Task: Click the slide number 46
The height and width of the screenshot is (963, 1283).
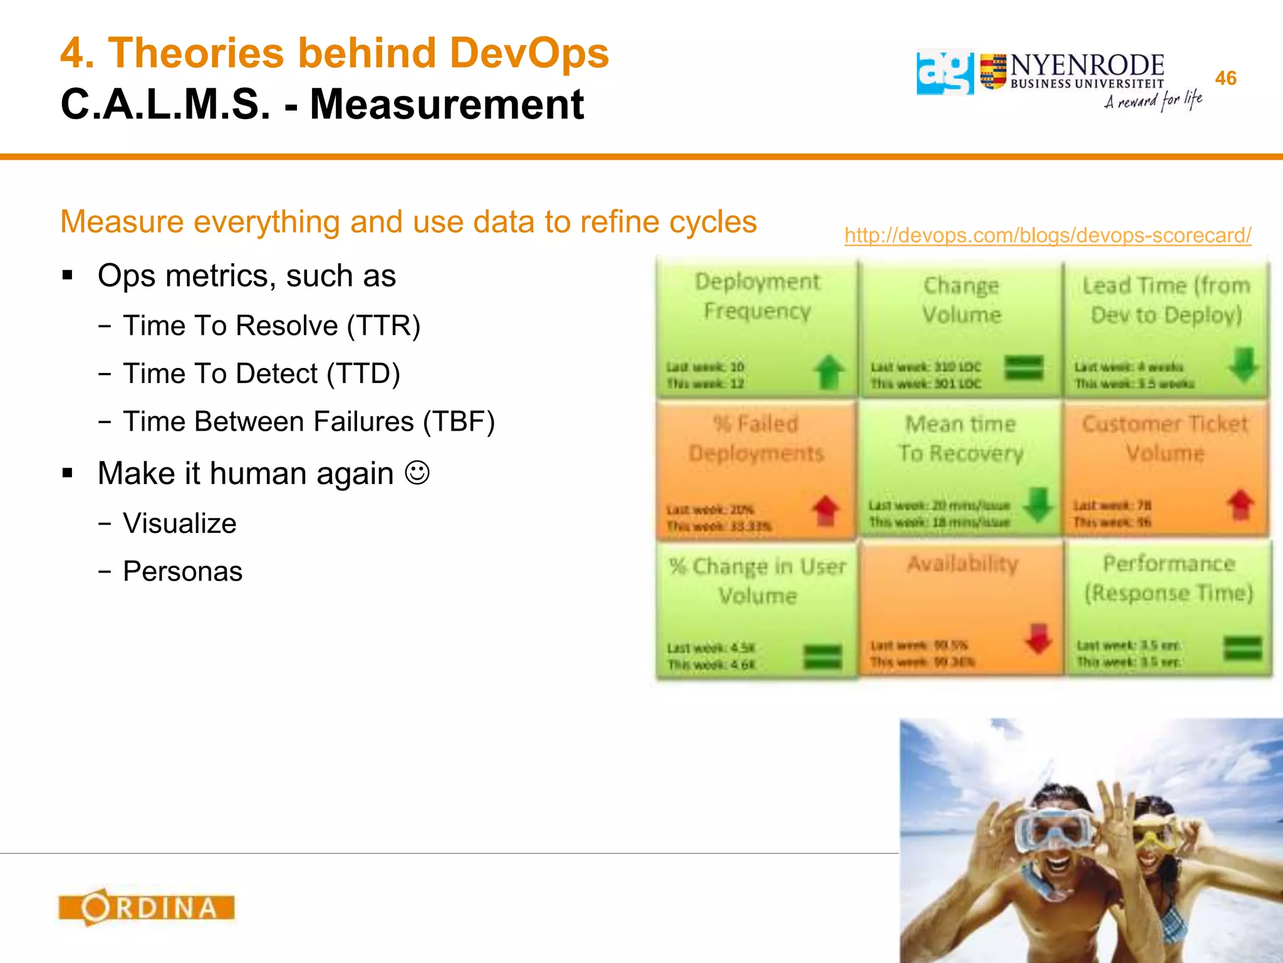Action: pos(1225,78)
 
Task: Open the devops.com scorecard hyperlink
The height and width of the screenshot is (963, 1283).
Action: pos(1047,235)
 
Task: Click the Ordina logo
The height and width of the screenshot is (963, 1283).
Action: pos(147,907)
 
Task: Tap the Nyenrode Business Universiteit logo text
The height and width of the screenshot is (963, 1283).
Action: pos(1087,71)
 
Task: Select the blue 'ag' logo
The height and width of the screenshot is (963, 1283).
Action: pos(945,72)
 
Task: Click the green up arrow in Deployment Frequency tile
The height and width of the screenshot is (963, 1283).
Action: pos(829,372)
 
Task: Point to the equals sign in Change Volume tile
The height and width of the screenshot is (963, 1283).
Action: pos(1024,367)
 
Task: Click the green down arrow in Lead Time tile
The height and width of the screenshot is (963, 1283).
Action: pos(1244,365)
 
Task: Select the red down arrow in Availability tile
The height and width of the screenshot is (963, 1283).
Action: pos(1038,639)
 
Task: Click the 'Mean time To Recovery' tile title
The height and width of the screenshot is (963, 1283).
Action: pos(961,438)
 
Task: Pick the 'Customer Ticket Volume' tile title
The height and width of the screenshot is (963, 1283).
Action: pos(1165,438)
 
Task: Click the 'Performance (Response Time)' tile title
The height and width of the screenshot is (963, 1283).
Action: pos(1169,578)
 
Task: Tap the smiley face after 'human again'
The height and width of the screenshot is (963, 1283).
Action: pos(417,473)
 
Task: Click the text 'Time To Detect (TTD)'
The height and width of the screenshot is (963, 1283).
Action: pos(261,374)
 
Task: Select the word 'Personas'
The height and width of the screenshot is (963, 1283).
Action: pos(182,571)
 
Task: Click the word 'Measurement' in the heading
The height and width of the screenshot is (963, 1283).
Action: pos(447,104)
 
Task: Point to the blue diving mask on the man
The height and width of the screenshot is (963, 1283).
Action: pos(1052,829)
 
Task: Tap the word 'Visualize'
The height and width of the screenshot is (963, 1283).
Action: pos(180,524)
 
